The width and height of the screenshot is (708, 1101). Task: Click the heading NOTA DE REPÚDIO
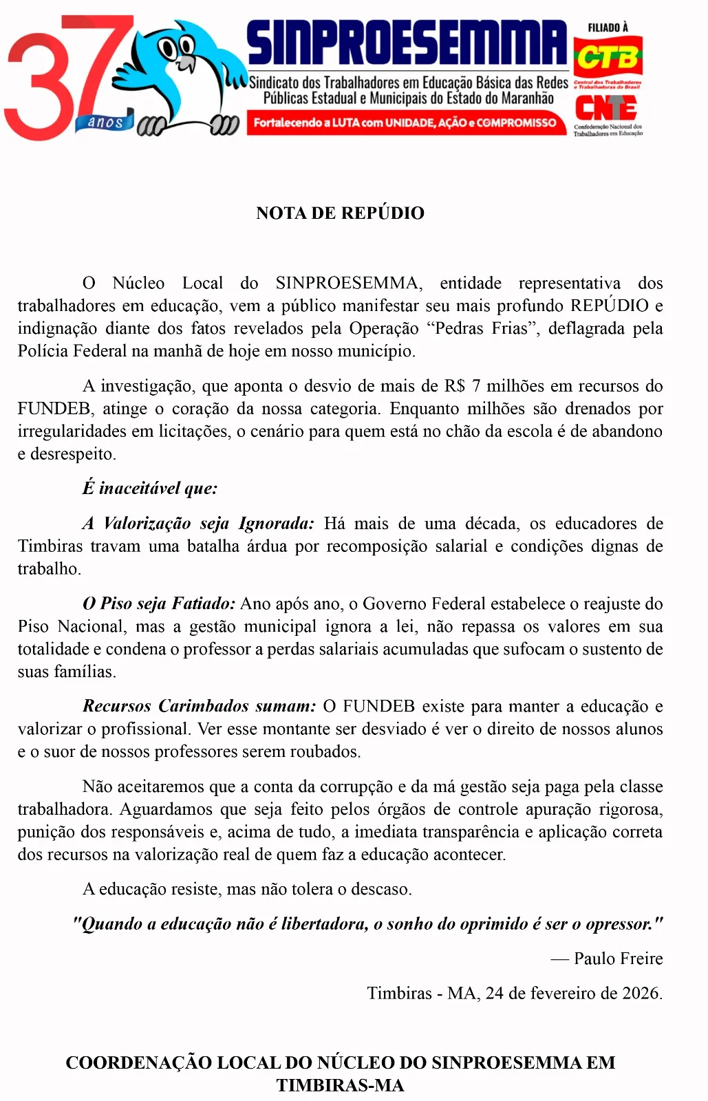[x=340, y=213]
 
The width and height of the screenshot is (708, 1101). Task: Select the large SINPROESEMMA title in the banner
[x=407, y=43]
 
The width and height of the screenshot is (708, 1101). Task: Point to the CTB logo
[x=608, y=58]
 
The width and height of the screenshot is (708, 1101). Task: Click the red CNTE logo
[x=605, y=108]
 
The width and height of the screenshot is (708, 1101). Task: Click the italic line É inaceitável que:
[x=150, y=489]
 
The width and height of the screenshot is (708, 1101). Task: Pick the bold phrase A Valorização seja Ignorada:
[x=198, y=524]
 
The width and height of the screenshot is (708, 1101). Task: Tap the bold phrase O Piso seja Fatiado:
[x=159, y=603]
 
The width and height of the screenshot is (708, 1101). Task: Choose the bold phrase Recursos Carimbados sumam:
[x=200, y=706]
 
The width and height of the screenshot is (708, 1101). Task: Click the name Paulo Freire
[x=618, y=959]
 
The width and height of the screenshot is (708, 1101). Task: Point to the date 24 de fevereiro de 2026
[x=573, y=993]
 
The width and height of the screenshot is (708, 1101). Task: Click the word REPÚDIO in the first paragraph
[x=610, y=306]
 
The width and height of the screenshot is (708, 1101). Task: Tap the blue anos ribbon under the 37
[x=107, y=122]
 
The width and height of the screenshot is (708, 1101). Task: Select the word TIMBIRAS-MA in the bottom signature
[x=340, y=1085]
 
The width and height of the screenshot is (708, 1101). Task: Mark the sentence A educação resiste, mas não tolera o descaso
[x=247, y=889]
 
